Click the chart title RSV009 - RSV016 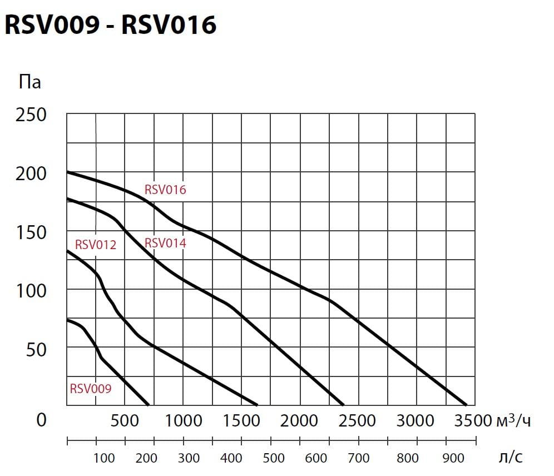(110, 24)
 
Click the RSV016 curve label (165, 190)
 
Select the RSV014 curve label (165, 243)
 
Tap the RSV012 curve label (96, 245)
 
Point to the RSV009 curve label (90, 389)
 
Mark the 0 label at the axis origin (41, 420)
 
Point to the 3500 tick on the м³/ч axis (473, 420)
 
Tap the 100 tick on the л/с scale (104, 458)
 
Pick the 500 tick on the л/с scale (274, 458)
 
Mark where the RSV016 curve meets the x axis (466, 405)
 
